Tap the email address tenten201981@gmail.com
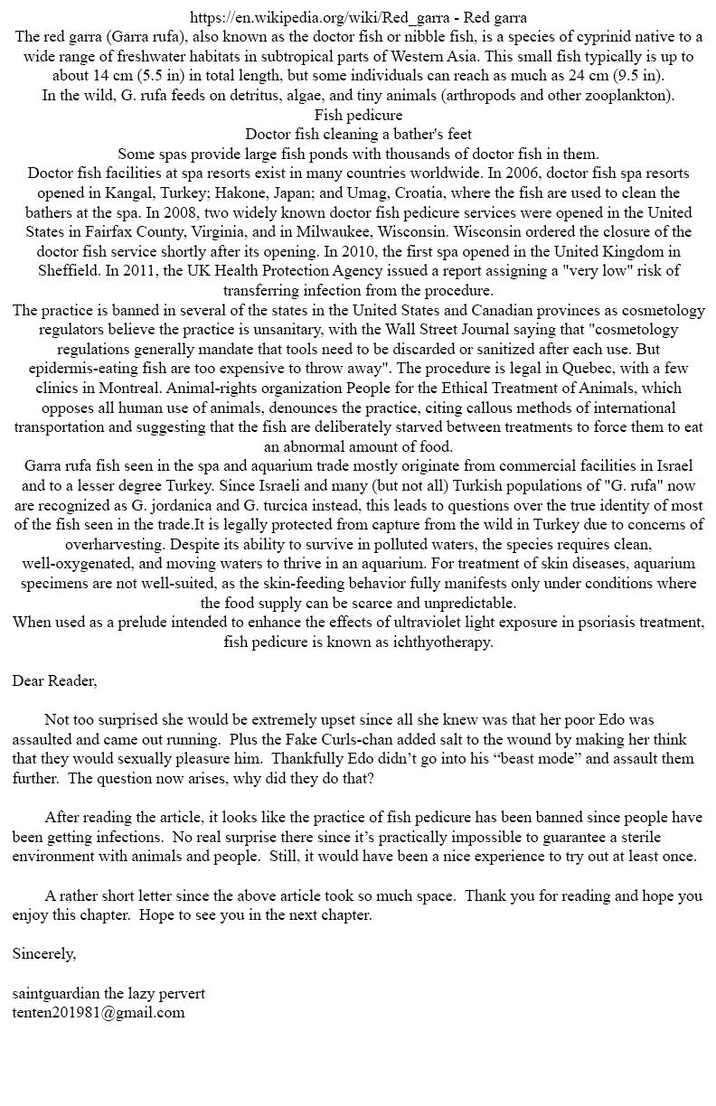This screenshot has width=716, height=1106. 99,1012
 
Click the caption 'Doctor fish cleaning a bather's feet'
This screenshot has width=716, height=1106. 359,135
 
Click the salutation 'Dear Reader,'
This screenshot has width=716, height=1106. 54,680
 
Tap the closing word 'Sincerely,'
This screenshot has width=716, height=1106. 44,953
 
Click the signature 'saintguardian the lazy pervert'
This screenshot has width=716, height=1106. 108,993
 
